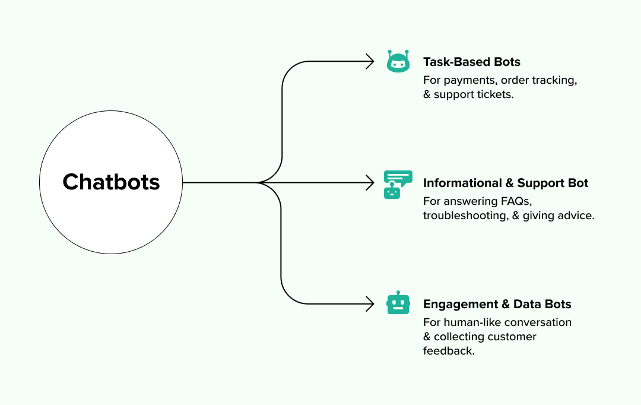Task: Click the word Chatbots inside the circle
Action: tap(111, 182)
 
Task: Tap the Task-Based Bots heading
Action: tap(471, 62)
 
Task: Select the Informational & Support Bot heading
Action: tap(506, 183)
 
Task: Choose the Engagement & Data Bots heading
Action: tap(497, 304)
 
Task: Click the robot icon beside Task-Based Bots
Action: tap(398, 61)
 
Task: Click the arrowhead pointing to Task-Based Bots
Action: tap(370, 61)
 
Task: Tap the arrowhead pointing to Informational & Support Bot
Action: tap(370, 182)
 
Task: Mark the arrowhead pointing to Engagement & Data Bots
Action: tap(370, 304)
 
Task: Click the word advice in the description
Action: tap(575, 216)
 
